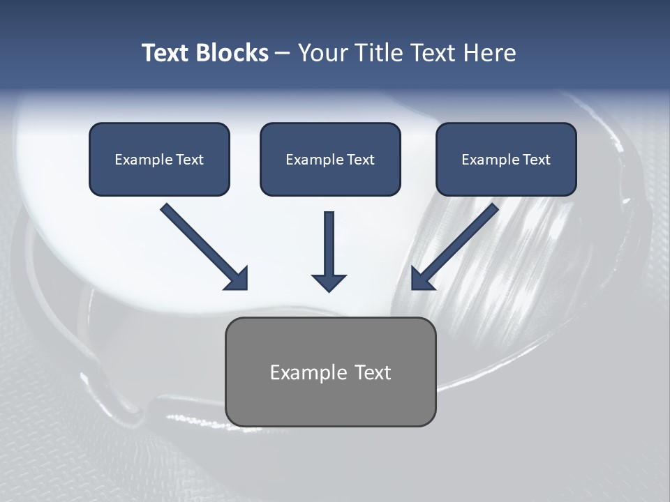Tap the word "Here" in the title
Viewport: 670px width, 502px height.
491,53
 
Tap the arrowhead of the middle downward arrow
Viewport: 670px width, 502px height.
329,282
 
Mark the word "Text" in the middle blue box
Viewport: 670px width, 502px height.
361,160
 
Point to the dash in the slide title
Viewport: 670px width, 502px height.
283,54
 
